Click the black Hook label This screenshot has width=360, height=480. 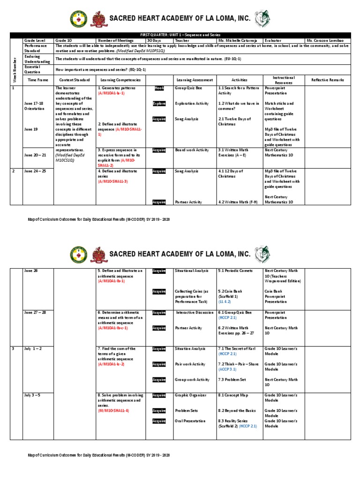[159, 88]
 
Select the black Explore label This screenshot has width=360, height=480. [159, 104]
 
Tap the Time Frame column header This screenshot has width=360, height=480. [38, 80]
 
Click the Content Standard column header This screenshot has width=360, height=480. [75, 80]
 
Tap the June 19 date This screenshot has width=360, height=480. [32, 129]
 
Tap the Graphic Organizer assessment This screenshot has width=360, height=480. [190, 396]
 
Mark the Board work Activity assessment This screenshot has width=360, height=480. [192, 150]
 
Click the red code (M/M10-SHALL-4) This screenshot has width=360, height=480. [113, 411]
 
